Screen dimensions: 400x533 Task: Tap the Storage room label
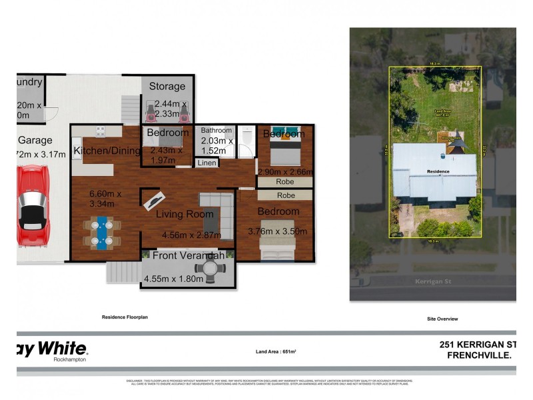click(167, 86)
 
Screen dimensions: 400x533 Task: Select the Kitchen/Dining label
click(106, 151)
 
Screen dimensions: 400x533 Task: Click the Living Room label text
click(185, 214)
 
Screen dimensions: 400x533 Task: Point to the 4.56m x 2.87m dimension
click(191, 235)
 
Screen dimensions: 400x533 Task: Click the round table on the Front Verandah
click(214, 270)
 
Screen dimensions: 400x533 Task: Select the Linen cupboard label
click(206, 163)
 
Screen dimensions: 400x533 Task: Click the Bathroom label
click(217, 131)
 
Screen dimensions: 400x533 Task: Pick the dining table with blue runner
click(102, 233)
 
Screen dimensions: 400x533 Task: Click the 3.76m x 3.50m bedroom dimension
click(277, 231)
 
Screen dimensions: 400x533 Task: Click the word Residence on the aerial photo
click(438, 171)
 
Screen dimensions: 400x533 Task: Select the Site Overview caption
click(442, 319)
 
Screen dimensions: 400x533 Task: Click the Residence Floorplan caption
click(124, 318)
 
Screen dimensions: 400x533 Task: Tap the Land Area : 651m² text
click(275, 351)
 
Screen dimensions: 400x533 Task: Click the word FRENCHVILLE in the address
click(478, 355)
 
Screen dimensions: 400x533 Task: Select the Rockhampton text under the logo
click(70, 359)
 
